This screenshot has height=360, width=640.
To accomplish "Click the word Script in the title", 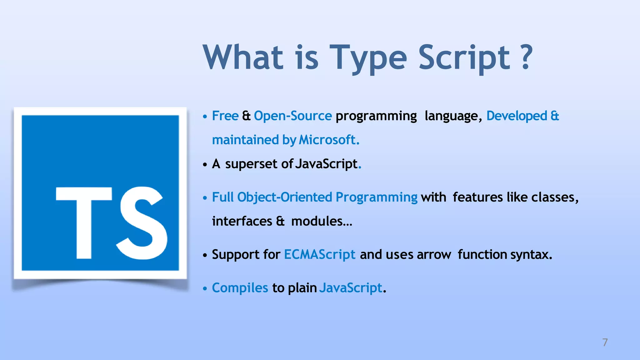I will [x=464, y=57].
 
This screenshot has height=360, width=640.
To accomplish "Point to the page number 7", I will [x=605, y=342].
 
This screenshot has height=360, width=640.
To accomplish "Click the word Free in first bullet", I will [x=225, y=116].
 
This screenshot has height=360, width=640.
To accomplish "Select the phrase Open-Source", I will [x=292, y=116].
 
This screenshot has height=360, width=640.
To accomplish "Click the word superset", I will [x=251, y=164].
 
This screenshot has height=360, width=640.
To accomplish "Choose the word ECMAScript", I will [x=319, y=254].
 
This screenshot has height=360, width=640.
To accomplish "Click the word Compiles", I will [x=240, y=288].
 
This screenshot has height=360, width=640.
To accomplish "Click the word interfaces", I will [x=242, y=221].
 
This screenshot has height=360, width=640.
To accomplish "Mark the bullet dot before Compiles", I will [x=205, y=288].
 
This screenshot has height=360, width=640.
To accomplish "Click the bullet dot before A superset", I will [x=205, y=164].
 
